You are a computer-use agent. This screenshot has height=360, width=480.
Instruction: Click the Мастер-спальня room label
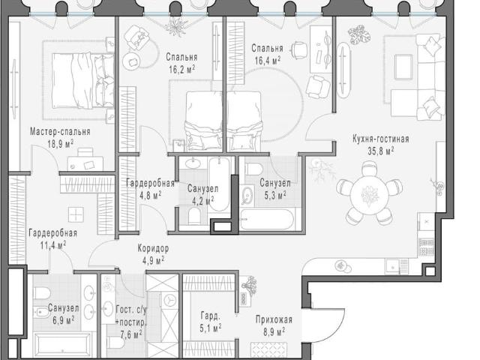click(x=60, y=132)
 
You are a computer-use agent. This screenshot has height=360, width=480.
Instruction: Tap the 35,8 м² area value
click(x=380, y=151)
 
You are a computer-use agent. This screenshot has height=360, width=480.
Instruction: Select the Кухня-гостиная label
click(x=380, y=139)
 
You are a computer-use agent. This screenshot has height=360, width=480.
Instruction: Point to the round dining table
click(x=370, y=194)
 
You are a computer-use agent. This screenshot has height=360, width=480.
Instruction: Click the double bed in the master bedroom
click(x=82, y=81)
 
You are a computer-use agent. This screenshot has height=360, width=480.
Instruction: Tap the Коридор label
click(x=153, y=248)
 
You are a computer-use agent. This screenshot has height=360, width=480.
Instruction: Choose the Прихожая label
click(x=274, y=320)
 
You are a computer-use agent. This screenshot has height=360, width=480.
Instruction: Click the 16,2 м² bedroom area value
click(x=182, y=70)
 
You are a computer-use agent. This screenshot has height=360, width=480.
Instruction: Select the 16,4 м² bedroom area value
click(x=268, y=60)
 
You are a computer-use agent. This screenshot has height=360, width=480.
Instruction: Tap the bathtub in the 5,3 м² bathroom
click(x=266, y=219)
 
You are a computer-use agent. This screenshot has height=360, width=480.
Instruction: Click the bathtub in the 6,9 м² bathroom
click(x=63, y=345)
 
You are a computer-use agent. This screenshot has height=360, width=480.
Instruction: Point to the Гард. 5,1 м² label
click(x=210, y=322)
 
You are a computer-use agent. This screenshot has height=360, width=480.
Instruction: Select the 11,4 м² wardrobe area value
click(x=53, y=245)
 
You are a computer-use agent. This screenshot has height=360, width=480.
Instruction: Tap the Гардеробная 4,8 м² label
click(x=150, y=189)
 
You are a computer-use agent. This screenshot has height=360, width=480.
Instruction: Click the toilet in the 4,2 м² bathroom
click(x=193, y=217)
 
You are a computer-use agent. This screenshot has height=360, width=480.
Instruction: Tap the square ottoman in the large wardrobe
click(x=76, y=214)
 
